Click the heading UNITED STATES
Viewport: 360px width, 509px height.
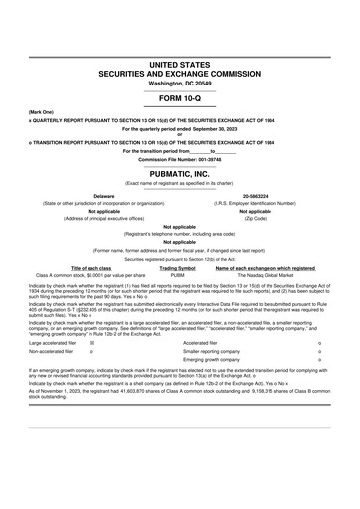pyautogui.click(x=180, y=64)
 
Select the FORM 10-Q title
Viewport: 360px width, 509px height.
pyautogui.click(x=180, y=100)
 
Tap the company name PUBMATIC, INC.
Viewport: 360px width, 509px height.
pyautogui.click(x=180, y=172)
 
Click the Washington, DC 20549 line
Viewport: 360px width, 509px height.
pyautogui.click(x=180, y=84)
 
